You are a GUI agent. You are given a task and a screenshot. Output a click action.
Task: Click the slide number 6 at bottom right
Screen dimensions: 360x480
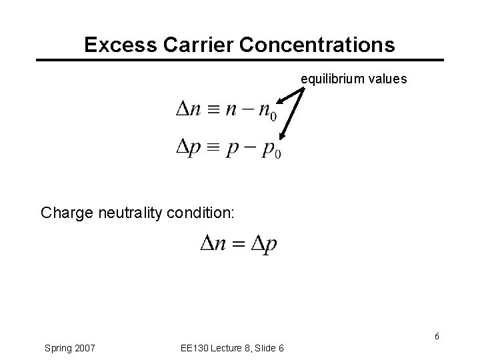click(437, 336)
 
